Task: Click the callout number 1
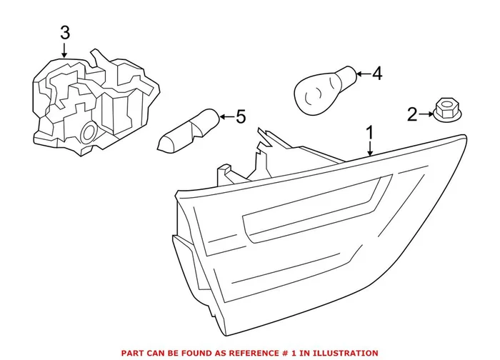[370, 132]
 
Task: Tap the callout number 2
[411, 114]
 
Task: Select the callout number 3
[65, 32]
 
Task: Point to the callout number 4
[377, 73]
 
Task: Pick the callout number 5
[240, 116]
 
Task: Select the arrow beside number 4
[360, 73]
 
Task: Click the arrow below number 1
[370, 148]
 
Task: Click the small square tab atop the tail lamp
[226, 172]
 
